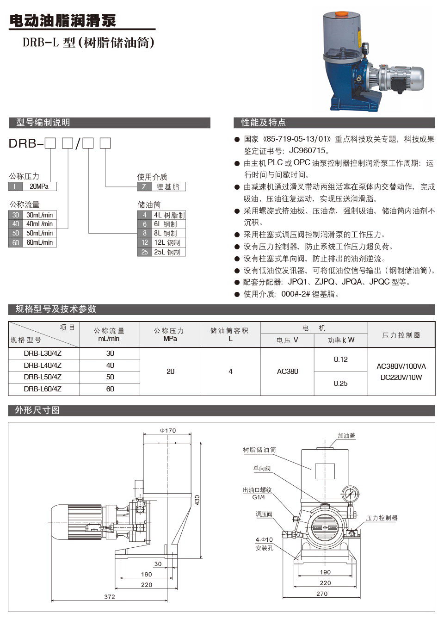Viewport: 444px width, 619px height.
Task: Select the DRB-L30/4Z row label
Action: pos(43,353)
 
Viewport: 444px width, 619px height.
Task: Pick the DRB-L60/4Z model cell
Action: pos(43,389)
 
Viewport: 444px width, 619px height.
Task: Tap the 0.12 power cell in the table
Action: pos(340,359)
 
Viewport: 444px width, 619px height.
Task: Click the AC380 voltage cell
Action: pos(288,371)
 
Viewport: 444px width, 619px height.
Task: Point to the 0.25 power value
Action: pos(340,383)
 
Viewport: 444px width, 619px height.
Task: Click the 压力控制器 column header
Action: pos(401,335)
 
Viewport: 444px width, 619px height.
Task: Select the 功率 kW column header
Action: pos(340,340)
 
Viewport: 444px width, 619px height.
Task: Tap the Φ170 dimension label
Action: pos(168,430)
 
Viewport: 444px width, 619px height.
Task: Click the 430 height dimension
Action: pos(197,500)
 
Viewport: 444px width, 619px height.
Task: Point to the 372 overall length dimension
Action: pos(109,597)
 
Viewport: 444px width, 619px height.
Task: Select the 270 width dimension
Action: pos(322,594)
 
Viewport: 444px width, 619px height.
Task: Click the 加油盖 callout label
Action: pos(346,436)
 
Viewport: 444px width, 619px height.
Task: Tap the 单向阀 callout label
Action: pos(262,468)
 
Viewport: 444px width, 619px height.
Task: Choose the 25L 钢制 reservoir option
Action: pos(166,252)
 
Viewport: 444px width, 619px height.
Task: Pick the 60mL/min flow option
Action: pos(39,242)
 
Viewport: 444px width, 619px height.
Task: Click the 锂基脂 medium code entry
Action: pos(167,187)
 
